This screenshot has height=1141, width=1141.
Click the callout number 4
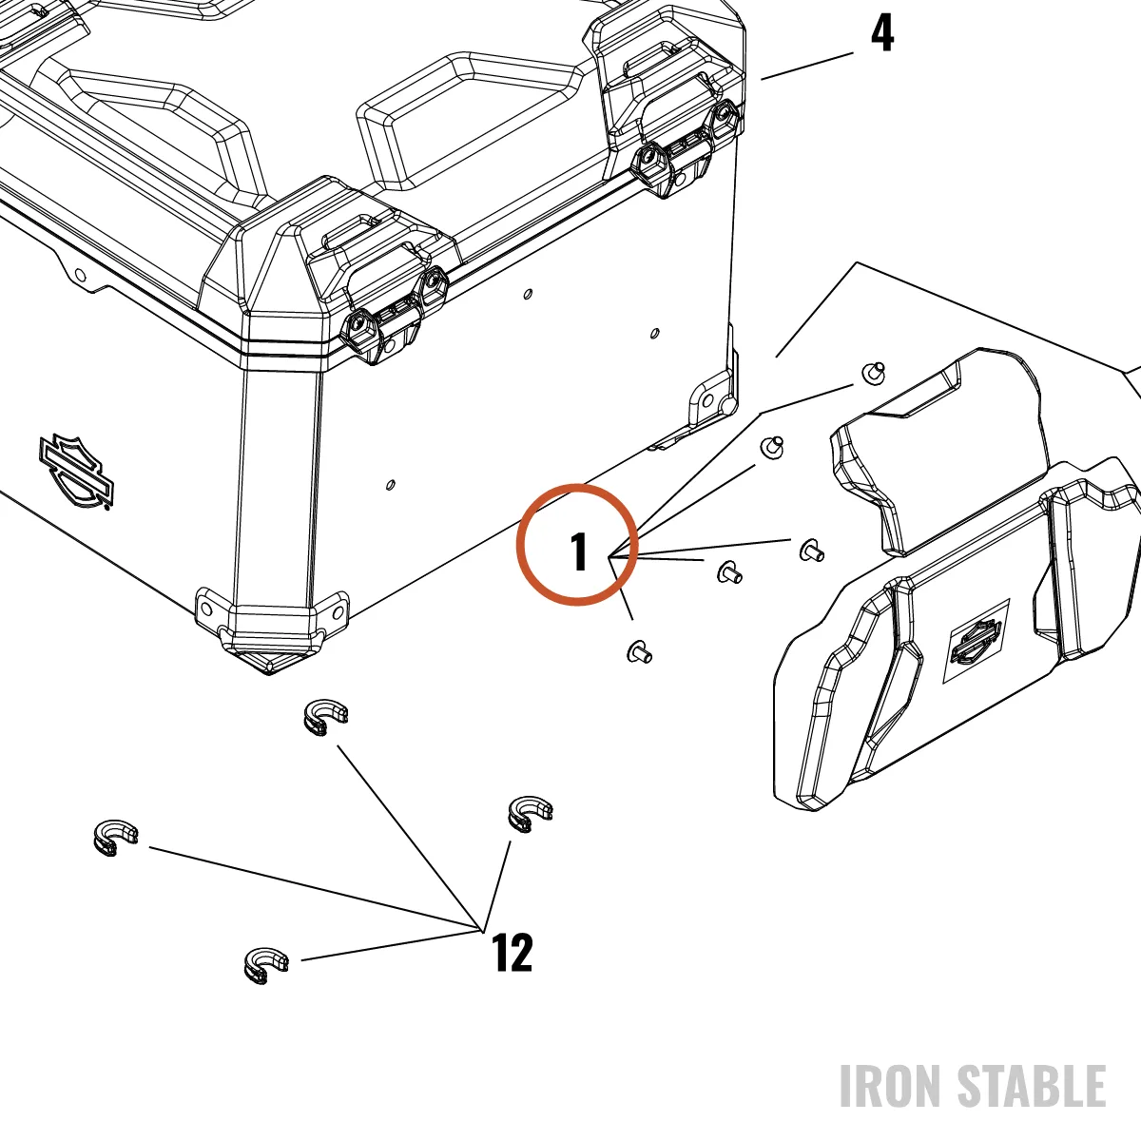point(881,33)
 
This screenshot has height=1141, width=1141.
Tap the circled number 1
point(578,551)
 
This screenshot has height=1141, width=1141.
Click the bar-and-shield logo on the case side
point(76,471)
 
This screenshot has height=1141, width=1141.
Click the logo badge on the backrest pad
point(977,641)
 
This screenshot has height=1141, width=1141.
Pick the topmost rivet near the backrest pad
point(874,373)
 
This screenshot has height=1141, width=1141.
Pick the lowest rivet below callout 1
point(640,652)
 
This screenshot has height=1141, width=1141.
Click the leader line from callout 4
point(807,66)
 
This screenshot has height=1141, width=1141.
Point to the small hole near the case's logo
point(390,485)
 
